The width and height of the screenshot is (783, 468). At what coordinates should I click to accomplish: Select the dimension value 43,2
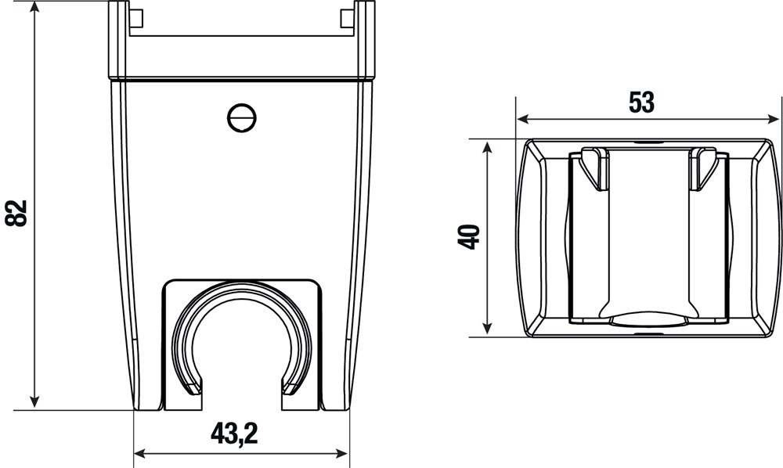[234, 433]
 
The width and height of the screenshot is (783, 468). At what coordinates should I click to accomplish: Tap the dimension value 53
[641, 103]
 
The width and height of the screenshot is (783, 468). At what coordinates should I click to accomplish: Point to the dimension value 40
[469, 237]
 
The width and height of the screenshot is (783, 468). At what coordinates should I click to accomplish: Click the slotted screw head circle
[242, 118]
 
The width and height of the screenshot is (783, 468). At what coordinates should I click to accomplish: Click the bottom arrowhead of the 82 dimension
[34, 401]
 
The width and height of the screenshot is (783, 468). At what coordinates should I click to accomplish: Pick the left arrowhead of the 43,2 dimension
[141, 454]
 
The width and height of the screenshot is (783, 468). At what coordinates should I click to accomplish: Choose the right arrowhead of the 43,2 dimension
[342, 454]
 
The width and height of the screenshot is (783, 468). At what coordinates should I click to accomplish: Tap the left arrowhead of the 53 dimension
[523, 119]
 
